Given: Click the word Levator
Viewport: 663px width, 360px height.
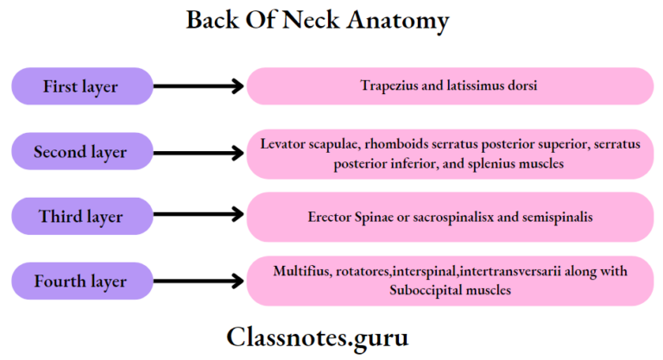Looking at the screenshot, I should (281, 143).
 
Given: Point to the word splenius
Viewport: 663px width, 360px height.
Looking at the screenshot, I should (489, 162).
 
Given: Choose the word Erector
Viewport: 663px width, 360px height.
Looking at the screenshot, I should (330, 218).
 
